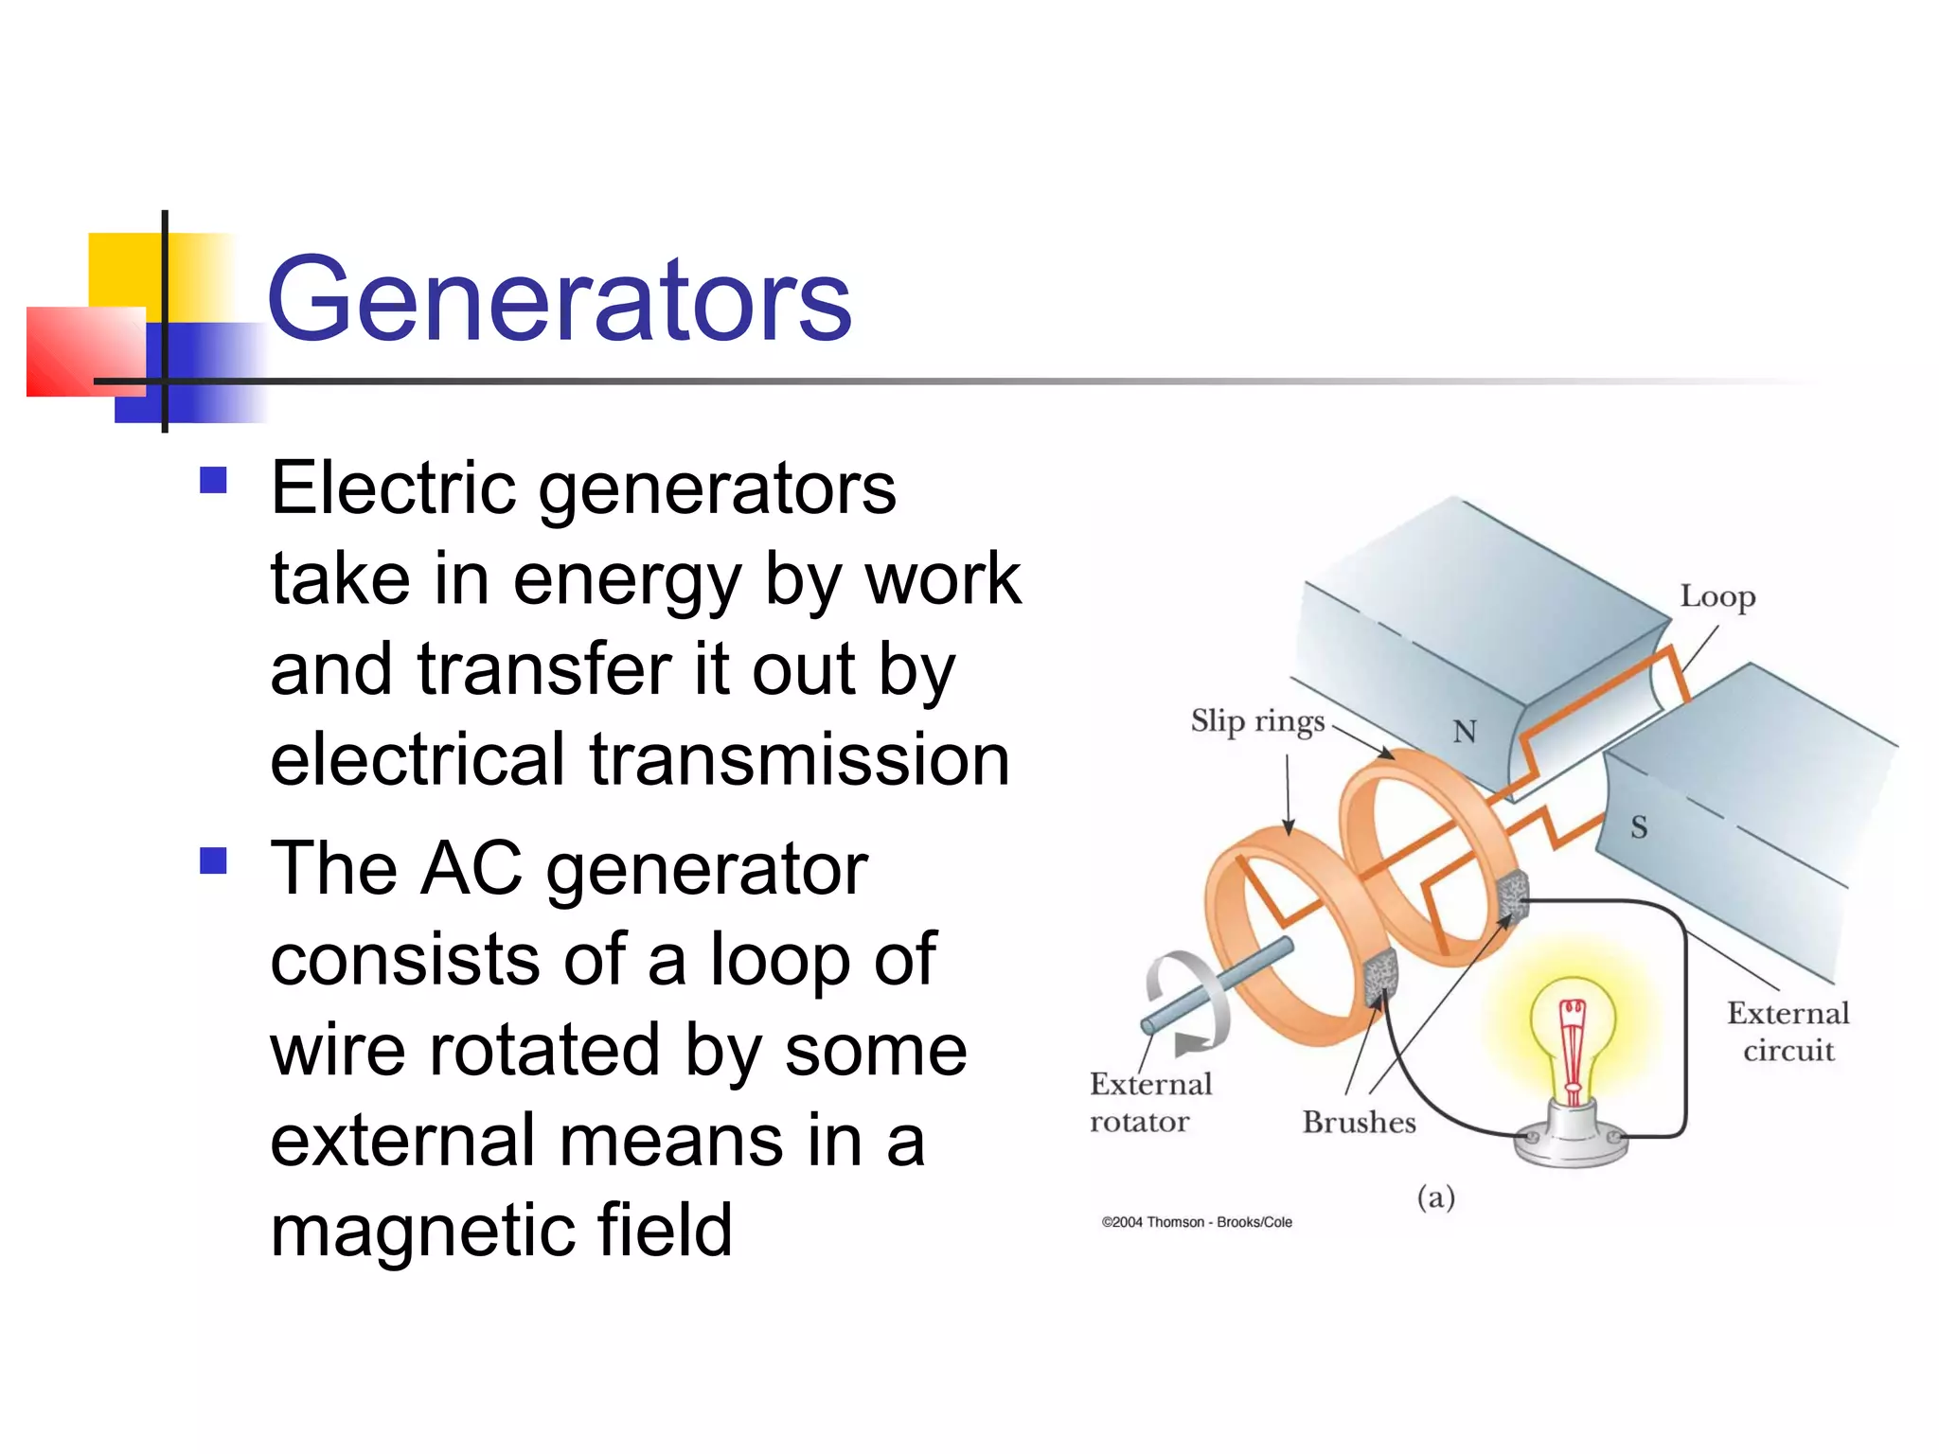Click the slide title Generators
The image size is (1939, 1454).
click(x=559, y=300)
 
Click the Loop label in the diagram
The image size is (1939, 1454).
click(x=1717, y=597)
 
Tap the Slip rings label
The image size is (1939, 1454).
click(x=1256, y=722)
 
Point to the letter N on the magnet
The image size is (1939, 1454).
click(x=1464, y=732)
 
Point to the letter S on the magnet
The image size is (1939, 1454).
click(x=1638, y=827)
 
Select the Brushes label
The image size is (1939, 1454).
click(x=1359, y=1122)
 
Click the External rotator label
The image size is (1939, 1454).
click(x=1149, y=1103)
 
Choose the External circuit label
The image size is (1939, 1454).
click(x=1788, y=1032)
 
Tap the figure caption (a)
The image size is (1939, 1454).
click(x=1435, y=1197)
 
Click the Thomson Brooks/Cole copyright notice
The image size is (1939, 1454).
click(x=1197, y=1222)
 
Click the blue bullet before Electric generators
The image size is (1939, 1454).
click(x=214, y=480)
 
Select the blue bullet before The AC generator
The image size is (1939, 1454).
click(x=214, y=860)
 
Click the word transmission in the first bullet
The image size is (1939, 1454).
click(x=800, y=760)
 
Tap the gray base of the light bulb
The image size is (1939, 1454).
click(x=1572, y=1143)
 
